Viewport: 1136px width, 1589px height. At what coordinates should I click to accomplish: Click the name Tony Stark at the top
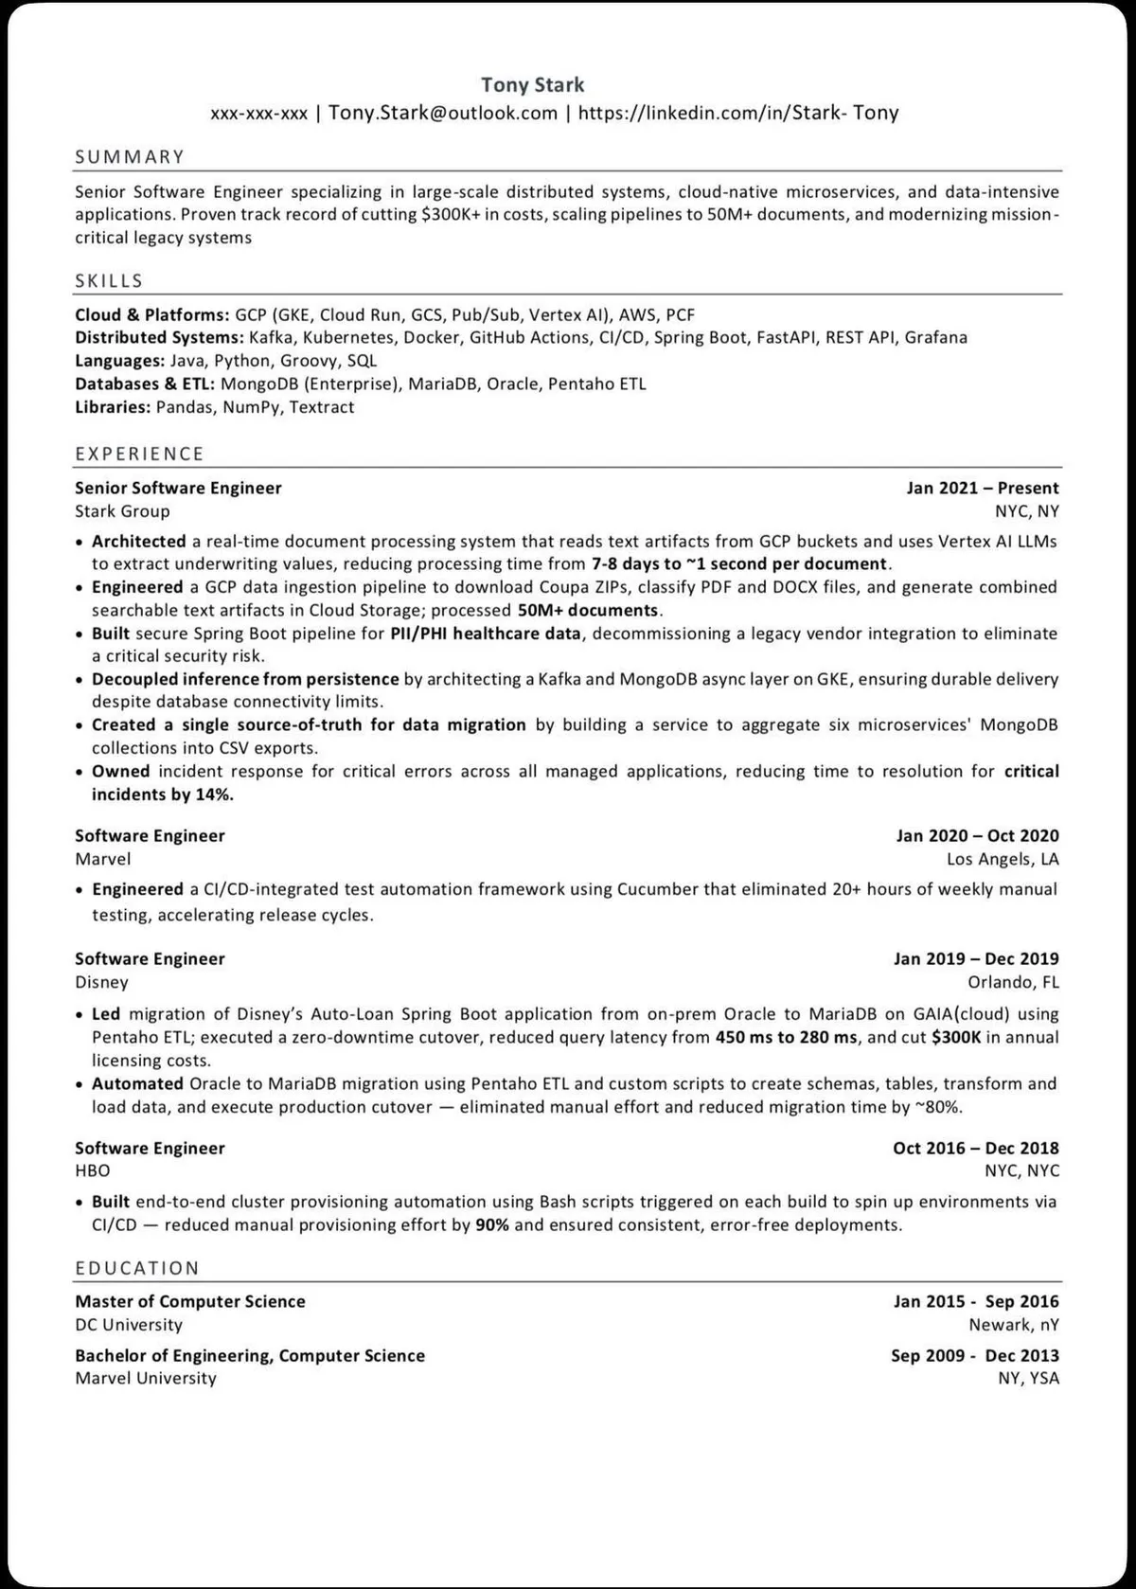532,85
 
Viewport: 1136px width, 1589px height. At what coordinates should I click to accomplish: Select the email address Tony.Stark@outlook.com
443,114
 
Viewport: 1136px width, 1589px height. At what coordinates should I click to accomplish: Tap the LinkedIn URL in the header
737,114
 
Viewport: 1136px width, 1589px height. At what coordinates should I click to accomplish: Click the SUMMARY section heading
130,157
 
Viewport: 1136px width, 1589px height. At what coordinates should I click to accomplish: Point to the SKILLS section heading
109,281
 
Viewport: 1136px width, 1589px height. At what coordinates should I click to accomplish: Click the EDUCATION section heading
137,1268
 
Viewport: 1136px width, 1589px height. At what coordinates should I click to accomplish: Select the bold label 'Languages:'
119,361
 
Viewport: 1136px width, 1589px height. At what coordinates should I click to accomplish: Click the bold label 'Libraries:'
113,407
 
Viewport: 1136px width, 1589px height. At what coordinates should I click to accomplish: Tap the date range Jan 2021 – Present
983,489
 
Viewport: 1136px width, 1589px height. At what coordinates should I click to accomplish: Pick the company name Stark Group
122,511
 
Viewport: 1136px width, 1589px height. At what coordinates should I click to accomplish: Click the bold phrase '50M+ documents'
587,611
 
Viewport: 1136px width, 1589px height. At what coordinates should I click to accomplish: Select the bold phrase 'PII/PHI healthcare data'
485,634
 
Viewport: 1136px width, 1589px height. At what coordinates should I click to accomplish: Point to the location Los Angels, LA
1003,859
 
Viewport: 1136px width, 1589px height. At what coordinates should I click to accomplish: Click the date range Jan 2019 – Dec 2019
976,959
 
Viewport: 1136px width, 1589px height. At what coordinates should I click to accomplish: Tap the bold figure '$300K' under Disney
956,1037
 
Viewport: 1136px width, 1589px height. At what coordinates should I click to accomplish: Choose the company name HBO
92,1170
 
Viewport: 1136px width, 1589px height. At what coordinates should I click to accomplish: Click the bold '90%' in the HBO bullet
492,1225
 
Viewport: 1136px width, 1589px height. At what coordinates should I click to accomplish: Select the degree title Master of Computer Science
190,1302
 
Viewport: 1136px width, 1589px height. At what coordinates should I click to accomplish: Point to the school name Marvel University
146,1379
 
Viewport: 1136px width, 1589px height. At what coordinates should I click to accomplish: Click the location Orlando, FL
1013,982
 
